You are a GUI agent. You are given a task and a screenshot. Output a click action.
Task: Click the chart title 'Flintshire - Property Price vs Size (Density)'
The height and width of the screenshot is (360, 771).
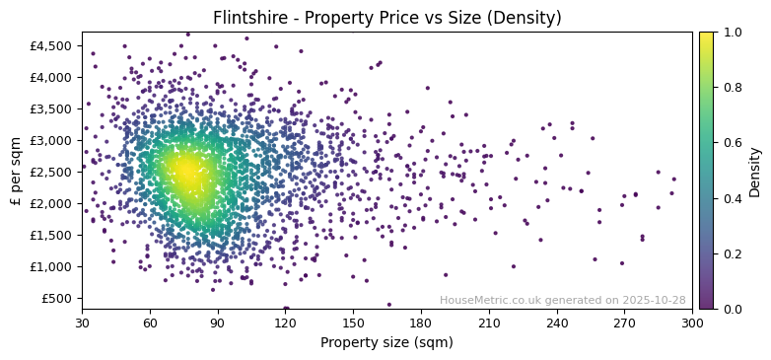386,18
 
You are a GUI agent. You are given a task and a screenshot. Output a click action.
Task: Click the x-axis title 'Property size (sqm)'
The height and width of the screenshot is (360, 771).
386,342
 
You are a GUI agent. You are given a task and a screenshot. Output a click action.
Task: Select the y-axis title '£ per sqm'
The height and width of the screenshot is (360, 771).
16,171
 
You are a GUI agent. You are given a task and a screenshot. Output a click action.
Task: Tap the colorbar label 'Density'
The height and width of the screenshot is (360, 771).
755,171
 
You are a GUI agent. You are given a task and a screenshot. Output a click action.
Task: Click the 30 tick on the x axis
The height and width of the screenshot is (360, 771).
82,323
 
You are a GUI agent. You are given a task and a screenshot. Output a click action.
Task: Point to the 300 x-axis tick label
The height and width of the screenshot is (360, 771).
692,323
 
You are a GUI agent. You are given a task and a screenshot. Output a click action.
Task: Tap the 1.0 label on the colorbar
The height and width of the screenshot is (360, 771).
732,33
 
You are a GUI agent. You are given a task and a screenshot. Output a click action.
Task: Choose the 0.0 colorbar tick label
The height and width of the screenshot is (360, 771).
732,310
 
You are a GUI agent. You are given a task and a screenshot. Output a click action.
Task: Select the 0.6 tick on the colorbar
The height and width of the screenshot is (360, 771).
732,143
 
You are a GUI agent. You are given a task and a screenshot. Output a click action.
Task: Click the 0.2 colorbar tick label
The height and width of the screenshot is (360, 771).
732,254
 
